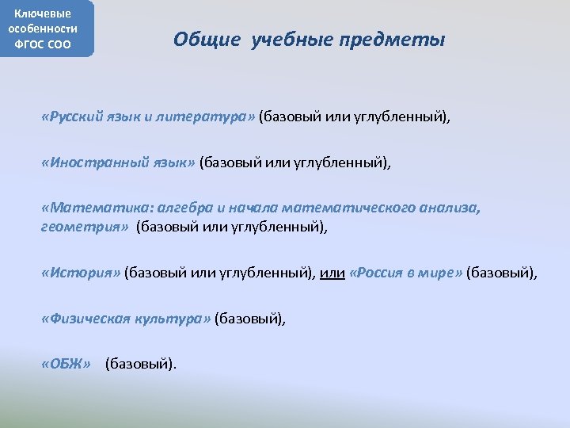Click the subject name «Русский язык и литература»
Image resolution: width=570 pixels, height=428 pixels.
point(148,118)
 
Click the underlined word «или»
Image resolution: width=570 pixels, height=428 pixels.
point(332,273)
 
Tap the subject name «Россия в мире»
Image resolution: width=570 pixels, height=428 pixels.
point(405,273)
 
